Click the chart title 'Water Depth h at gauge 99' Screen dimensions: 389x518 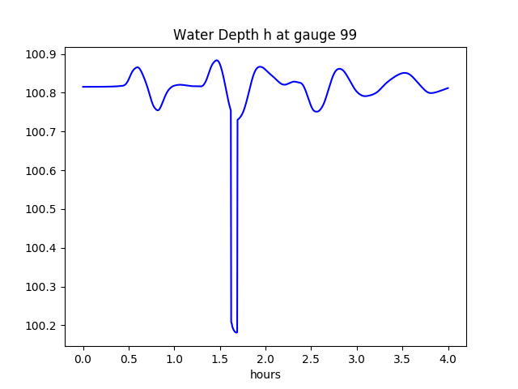click(x=265, y=36)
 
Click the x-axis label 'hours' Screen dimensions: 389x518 click(x=265, y=374)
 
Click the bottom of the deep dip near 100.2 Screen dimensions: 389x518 click(x=236, y=331)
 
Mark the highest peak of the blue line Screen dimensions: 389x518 click(x=216, y=60)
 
